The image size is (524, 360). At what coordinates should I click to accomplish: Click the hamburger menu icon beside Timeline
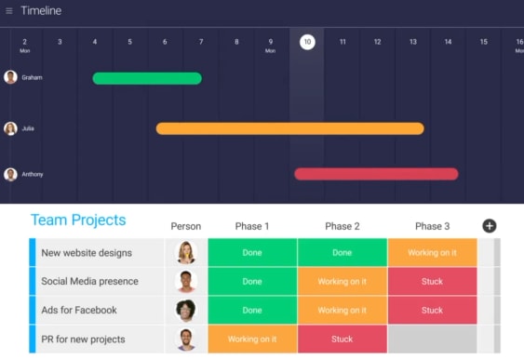point(9,11)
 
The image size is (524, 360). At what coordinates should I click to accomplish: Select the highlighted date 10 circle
point(307,42)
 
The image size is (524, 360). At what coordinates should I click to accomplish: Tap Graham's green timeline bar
point(147,78)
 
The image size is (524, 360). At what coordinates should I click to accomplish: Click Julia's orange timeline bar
point(290,128)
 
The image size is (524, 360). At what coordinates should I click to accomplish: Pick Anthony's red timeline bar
point(376,174)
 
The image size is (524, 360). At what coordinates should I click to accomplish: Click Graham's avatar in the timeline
point(10,77)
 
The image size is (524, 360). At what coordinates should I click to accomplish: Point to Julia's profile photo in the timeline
point(10,128)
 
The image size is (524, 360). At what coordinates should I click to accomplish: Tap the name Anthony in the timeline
point(33,174)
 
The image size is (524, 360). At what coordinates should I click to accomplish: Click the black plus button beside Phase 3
point(490,226)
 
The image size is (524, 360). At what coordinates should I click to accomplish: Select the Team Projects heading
point(78,220)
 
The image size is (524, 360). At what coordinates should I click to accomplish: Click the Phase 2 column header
point(343,226)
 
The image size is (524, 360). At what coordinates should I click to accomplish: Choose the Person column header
point(186,226)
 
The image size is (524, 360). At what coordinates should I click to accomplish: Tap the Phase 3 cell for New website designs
point(433,252)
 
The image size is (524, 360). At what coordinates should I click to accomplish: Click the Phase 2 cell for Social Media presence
point(343,281)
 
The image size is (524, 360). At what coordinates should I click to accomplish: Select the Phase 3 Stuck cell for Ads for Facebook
point(433,311)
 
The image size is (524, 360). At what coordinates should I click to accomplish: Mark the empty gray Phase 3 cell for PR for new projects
point(433,339)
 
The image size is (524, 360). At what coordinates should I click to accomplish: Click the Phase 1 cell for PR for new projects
point(252,339)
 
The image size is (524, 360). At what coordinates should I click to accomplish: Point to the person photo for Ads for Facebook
point(186,311)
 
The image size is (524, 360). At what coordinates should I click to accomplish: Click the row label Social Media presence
point(90,281)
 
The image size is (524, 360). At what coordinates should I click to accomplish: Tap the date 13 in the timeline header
point(413,42)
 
